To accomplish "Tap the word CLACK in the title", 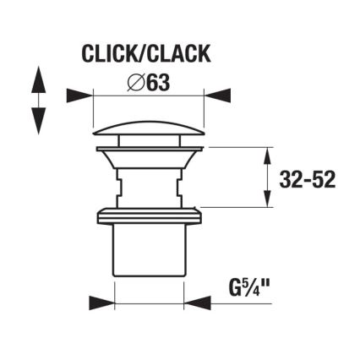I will click(178, 55).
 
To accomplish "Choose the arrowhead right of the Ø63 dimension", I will click(217, 95).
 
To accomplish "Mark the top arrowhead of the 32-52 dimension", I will click(270, 155).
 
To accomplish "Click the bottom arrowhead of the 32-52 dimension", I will click(270, 199).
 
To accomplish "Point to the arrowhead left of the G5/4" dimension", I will click(101, 302).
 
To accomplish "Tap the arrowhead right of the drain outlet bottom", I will click(197, 302).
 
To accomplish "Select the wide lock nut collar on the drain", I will click(148, 215).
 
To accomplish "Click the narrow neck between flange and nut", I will click(148, 186).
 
